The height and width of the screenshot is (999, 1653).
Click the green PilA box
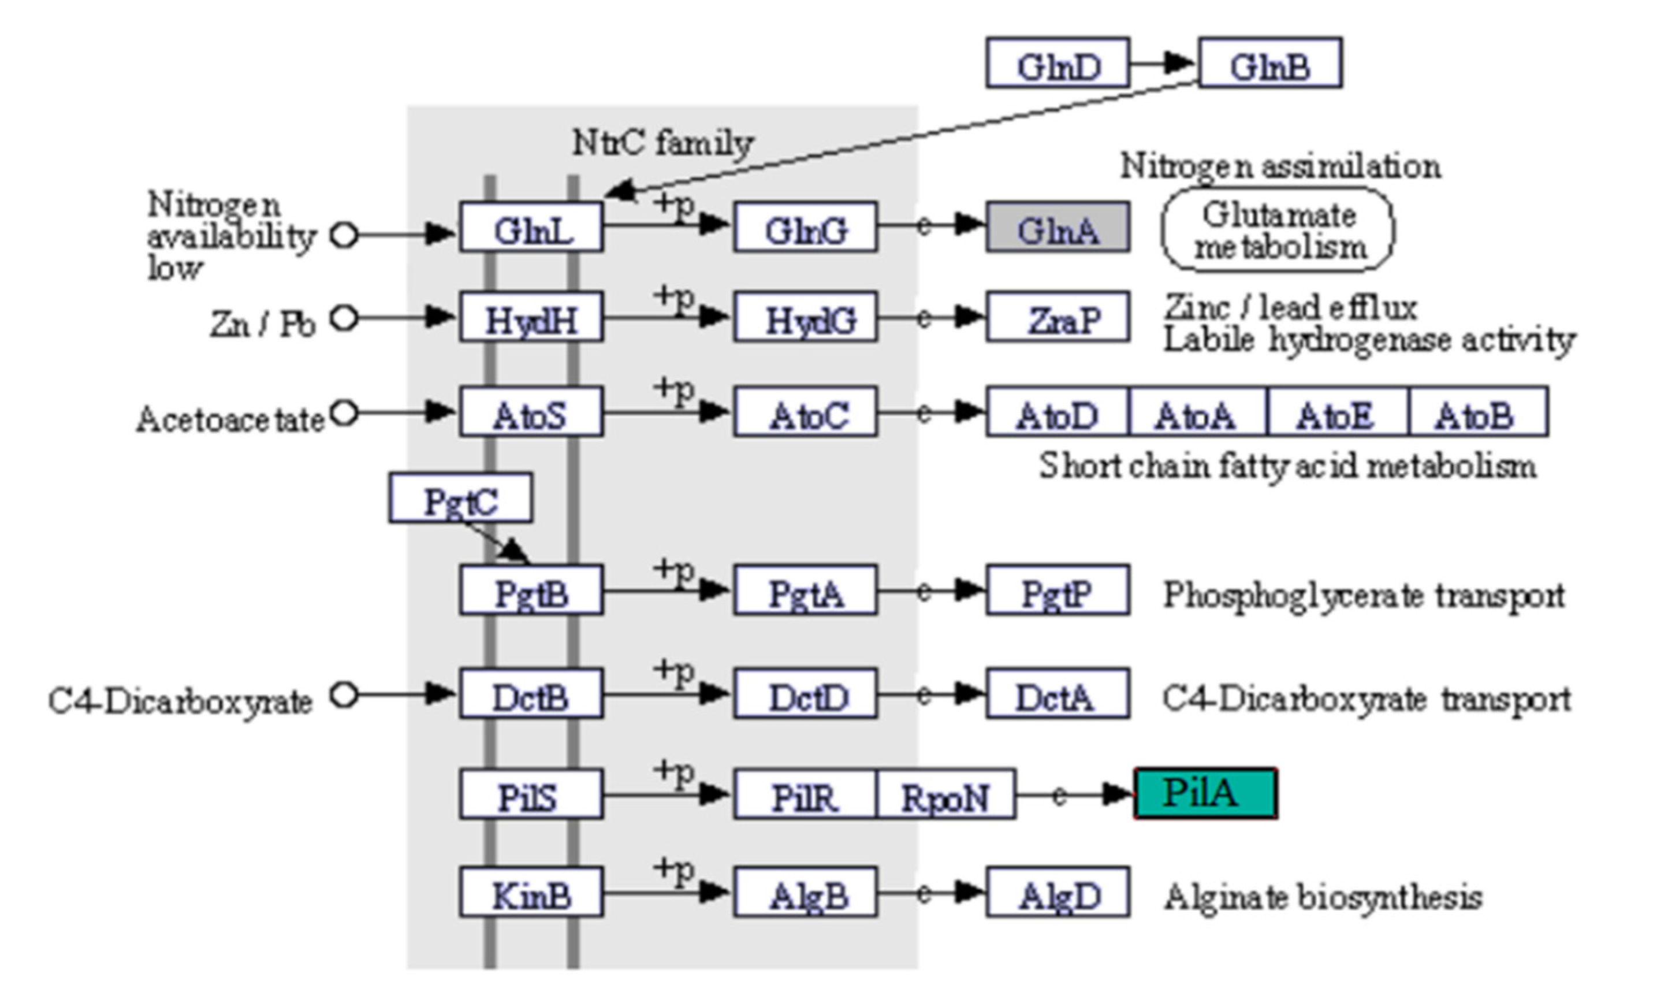click(1205, 793)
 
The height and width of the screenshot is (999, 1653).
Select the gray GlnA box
click(1058, 228)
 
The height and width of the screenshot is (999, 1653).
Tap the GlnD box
click(1058, 64)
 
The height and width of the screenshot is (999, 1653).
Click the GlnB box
click(1270, 64)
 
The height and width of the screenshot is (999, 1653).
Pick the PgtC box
click(460, 499)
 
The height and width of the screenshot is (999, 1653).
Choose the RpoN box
click(945, 794)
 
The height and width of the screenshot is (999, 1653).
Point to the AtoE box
click(1338, 412)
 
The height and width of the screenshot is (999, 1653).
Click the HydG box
click(805, 317)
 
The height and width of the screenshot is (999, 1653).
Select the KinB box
click(531, 892)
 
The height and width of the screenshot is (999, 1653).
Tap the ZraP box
click(1058, 317)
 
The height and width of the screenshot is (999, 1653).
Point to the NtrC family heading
click(663, 142)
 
